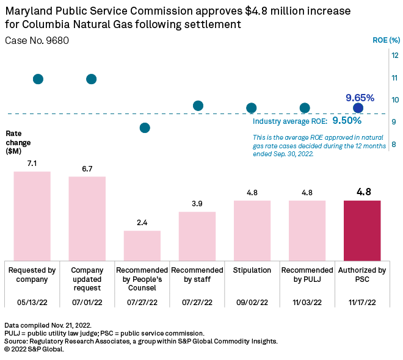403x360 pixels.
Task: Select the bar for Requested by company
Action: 32,215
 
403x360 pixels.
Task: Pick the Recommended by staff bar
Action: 197,236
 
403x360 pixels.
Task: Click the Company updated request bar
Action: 87,218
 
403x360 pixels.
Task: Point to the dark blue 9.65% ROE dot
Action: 358,108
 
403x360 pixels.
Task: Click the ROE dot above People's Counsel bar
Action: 145,128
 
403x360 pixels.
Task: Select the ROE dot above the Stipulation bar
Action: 251,108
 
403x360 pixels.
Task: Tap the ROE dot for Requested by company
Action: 38,79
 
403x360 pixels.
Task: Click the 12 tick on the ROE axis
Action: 395,56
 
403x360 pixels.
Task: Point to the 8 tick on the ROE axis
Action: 395,145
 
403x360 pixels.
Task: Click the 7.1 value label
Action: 32,164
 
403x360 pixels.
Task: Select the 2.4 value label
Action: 142,223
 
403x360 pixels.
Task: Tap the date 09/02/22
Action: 252,301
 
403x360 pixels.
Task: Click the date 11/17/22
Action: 362,301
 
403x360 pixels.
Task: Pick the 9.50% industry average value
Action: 347,121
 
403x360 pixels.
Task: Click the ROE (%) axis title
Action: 386,41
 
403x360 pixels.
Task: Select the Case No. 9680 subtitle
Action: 37,40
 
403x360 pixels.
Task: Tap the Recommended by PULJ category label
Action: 307,275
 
